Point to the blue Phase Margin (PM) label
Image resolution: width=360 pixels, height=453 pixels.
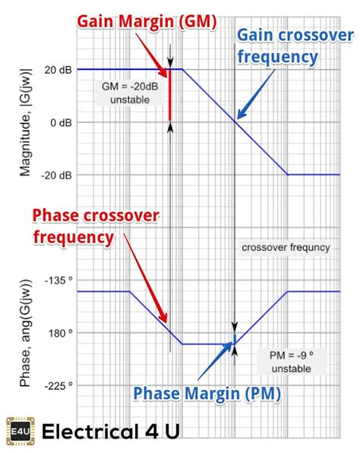[207, 393]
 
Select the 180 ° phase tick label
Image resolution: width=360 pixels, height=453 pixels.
[59, 332]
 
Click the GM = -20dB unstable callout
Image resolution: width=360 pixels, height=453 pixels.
[126, 92]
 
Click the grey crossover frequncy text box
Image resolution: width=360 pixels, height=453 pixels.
[286, 247]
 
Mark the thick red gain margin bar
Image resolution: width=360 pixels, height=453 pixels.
[170, 96]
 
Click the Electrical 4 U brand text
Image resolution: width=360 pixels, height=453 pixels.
[111, 432]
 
